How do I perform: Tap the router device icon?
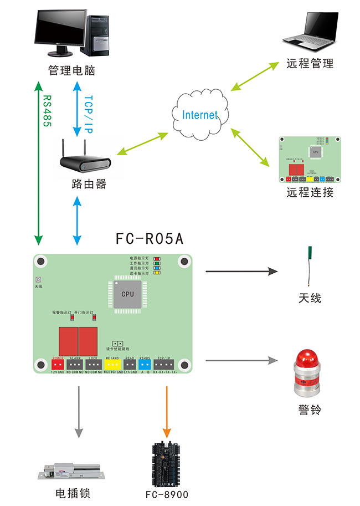click(85, 162)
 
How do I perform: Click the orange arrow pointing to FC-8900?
click(166, 410)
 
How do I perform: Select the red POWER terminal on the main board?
click(58, 364)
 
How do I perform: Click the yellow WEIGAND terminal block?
click(112, 364)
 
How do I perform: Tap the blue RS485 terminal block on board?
click(145, 364)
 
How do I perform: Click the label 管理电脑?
click(71, 71)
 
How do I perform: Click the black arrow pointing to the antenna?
click(241, 271)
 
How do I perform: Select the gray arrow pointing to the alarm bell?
click(241, 360)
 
